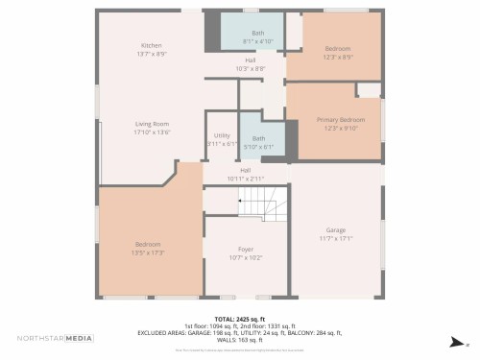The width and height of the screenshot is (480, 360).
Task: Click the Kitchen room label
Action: click(x=151, y=45)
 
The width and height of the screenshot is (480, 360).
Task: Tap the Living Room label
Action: click(x=151, y=123)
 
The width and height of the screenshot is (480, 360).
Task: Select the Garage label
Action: click(x=334, y=229)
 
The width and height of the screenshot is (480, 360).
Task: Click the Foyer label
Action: click(x=245, y=250)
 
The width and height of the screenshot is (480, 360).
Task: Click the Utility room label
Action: click(x=222, y=135)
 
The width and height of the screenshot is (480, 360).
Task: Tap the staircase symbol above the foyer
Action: click(x=262, y=204)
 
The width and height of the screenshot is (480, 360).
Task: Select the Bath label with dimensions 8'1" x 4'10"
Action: click(x=257, y=34)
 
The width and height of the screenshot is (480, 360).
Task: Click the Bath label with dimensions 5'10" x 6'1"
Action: click(x=257, y=138)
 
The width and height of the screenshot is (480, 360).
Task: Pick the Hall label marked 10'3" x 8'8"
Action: click(x=250, y=60)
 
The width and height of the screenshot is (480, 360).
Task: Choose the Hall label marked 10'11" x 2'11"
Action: click(x=245, y=170)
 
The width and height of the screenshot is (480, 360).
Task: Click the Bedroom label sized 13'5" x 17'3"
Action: click(x=147, y=244)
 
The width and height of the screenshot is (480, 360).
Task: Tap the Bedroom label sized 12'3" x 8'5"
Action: click(x=337, y=48)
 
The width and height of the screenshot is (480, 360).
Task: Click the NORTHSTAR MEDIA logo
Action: click(x=55, y=338)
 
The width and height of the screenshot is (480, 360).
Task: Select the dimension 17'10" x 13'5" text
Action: click(x=151, y=132)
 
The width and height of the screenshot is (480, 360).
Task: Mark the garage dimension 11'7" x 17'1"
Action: click(x=334, y=238)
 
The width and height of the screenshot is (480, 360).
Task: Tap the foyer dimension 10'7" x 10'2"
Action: click(x=245, y=258)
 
